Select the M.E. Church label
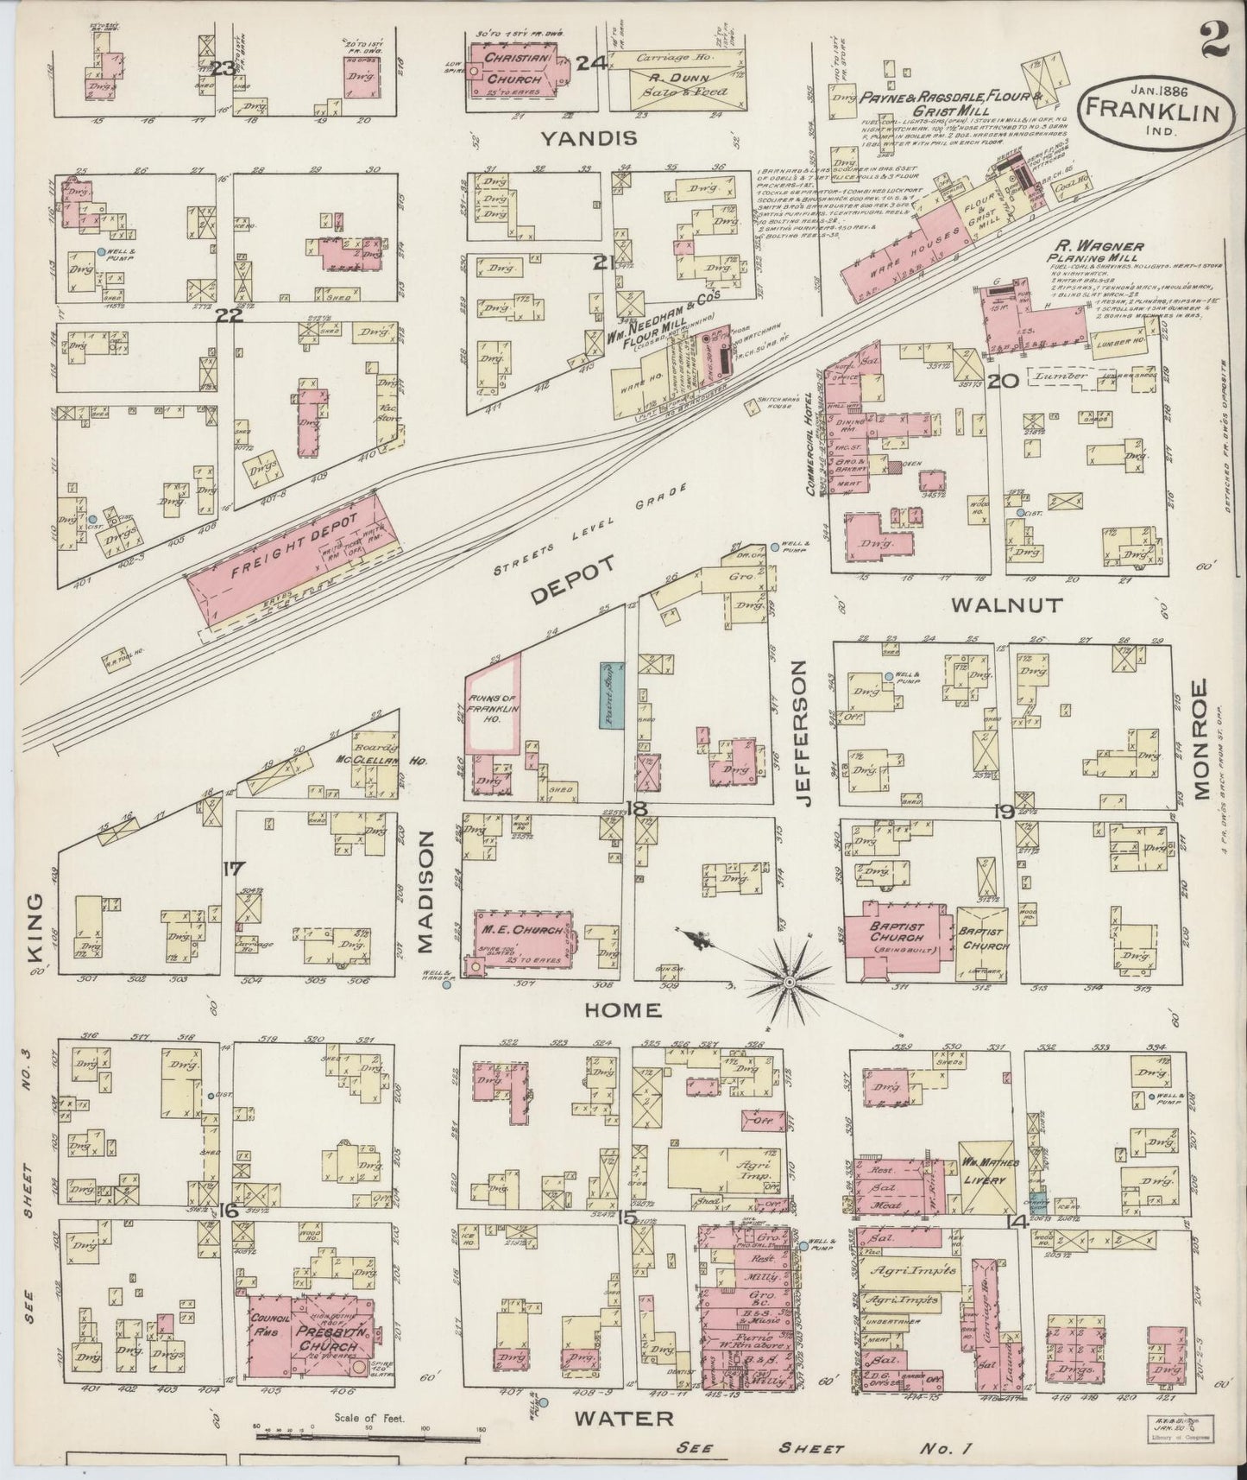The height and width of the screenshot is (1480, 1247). tap(517, 930)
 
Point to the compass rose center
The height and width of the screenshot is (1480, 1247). tap(790, 983)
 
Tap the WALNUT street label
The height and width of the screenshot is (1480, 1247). tap(1006, 605)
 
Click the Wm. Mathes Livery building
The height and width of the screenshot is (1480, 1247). tap(989, 1179)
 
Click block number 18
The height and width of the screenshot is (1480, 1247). tap(637, 809)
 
